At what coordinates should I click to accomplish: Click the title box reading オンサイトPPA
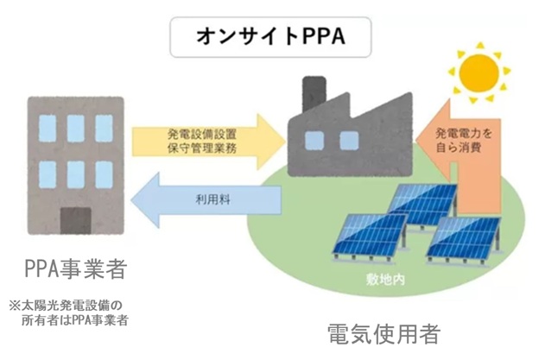(271, 39)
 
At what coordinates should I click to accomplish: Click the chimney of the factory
(314, 94)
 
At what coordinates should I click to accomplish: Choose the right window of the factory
(348, 141)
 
